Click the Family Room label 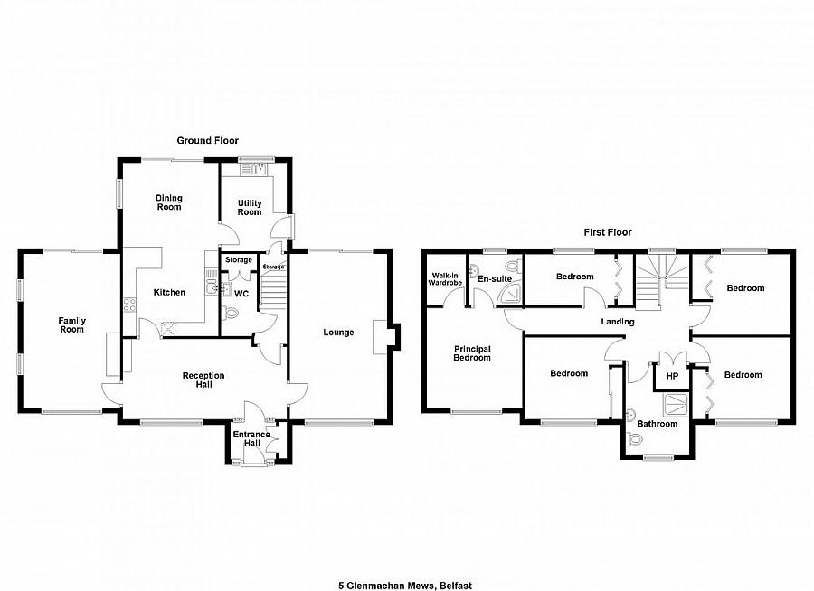tap(72, 324)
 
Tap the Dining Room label tap(169, 202)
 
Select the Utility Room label tap(250, 207)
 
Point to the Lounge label tap(338, 333)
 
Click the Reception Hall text tap(203, 380)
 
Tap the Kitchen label tap(169, 292)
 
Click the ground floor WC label tap(241, 294)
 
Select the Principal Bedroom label tap(472, 352)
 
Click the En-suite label tap(495, 279)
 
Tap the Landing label tap(618, 322)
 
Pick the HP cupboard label tap(672, 376)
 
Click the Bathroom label tap(657, 423)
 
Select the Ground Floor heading tap(207, 140)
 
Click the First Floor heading tap(608, 232)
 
